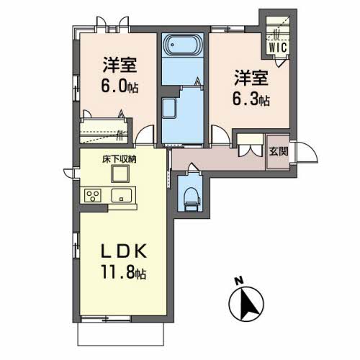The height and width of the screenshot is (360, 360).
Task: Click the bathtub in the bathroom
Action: tap(183, 45)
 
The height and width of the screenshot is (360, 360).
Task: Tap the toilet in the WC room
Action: tap(192, 199)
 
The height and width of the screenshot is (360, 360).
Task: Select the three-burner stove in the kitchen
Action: tap(93, 196)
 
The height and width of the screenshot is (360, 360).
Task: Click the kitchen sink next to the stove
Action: tap(121, 196)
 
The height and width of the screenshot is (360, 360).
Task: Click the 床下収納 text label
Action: tap(120, 159)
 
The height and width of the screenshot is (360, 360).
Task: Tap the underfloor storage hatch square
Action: tap(120, 174)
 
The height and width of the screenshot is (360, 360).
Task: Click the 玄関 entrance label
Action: tap(279, 151)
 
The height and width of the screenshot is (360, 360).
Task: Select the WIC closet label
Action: tap(278, 48)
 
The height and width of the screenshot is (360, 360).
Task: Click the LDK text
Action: tap(124, 251)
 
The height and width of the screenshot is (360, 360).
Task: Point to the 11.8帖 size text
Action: tap(124, 272)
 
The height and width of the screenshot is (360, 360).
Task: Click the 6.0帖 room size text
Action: tap(120, 86)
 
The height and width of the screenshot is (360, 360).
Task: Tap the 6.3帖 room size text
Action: tap(251, 99)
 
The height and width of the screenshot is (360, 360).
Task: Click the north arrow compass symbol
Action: tap(246, 303)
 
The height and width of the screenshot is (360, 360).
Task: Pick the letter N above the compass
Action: tap(239, 281)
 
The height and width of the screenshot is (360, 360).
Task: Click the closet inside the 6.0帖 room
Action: tap(104, 131)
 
